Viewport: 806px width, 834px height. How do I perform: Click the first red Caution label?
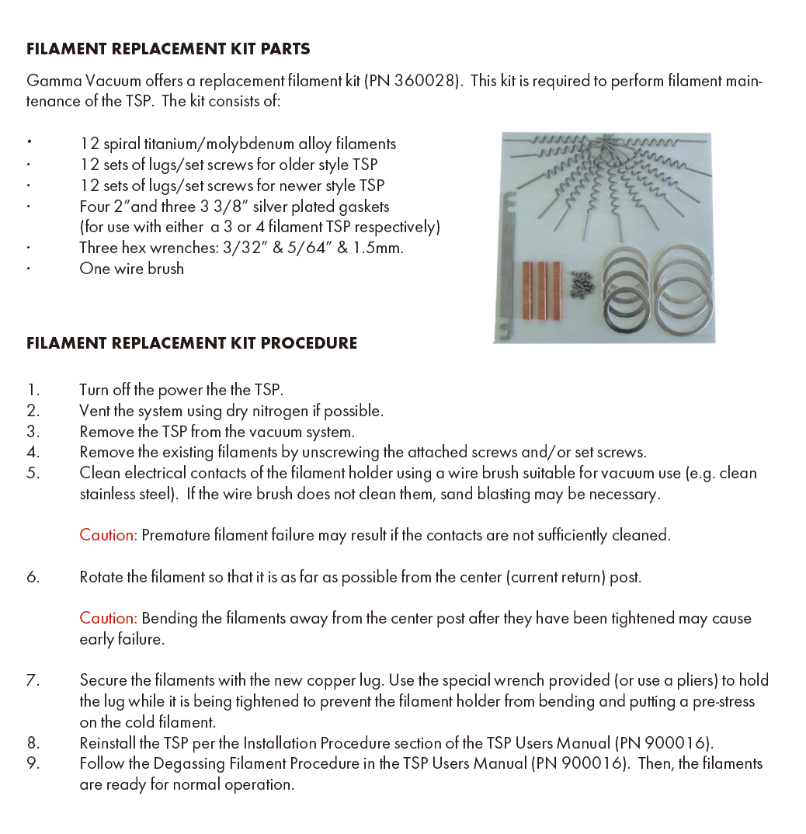(x=108, y=535)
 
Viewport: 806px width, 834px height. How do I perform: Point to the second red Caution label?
(x=108, y=618)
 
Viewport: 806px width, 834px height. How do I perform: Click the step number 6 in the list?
(x=32, y=577)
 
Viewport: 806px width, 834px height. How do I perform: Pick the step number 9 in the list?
(x=32, y=763)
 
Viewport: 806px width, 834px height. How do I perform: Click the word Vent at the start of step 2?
(x=94, y=411)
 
